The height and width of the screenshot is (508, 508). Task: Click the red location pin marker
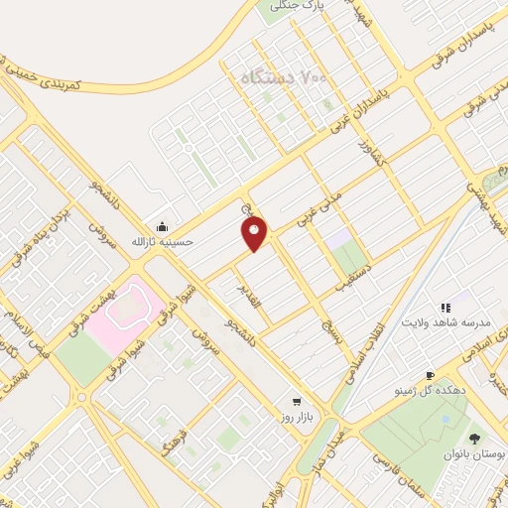[x=255, y=232]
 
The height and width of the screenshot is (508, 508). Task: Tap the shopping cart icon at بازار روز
[x=297, y=402]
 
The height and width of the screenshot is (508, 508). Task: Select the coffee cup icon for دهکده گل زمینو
[x=430, y=375]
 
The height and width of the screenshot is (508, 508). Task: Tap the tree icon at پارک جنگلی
[x=278, y=5]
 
